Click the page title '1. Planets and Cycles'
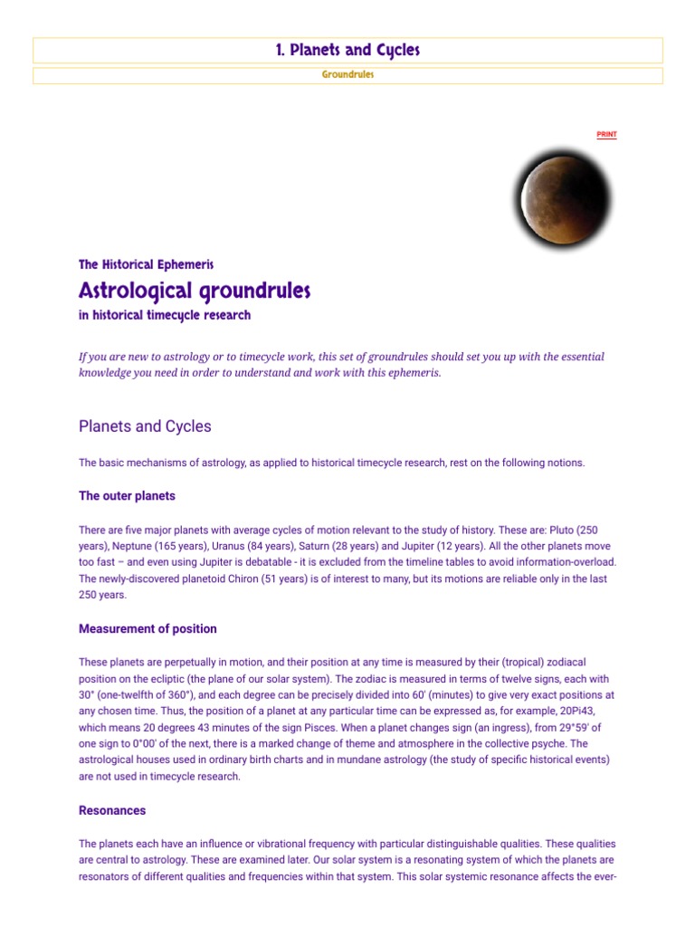click(347, 51)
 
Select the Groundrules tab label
click(347, 75)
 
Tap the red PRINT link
click(606, 135)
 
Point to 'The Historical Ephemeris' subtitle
click(146, 264)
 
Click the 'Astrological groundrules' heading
click(195, 291)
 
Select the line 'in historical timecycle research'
click(165, 316)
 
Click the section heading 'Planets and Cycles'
click(145, 426)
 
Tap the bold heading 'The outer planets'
click(127, 496)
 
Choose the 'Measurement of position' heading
click(148, 628)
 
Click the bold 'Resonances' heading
click(112, 810)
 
